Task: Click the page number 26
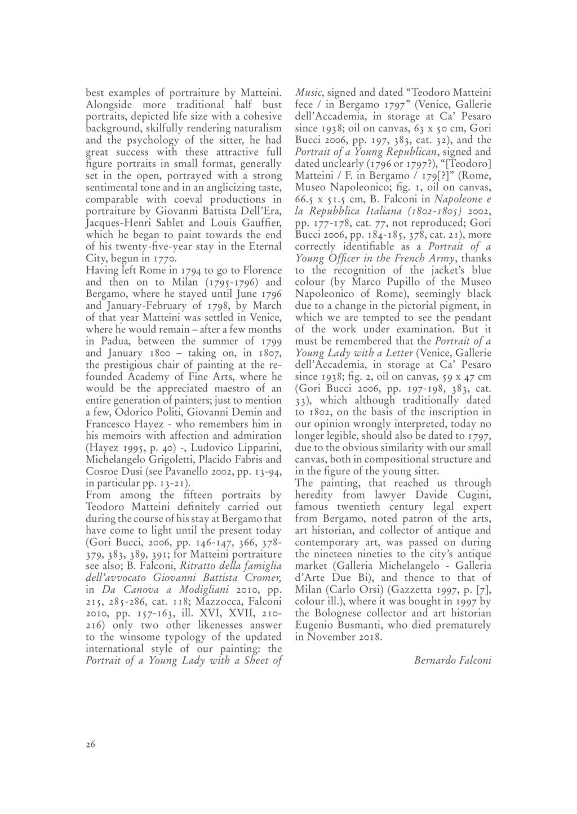(x=91, y=744)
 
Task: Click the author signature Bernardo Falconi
(x=452, y=660)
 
